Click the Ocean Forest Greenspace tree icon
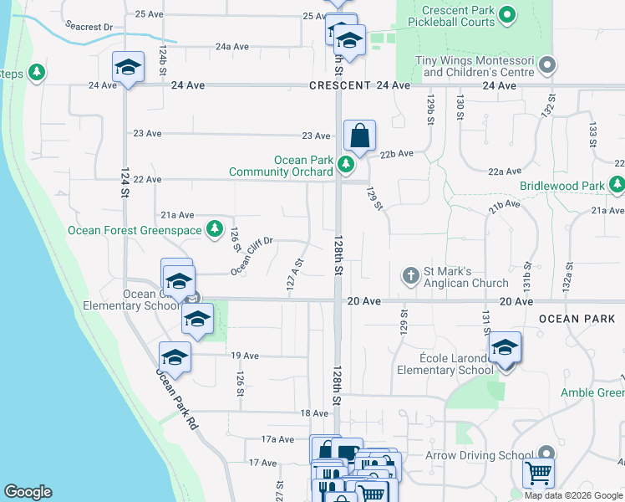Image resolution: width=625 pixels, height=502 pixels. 215,228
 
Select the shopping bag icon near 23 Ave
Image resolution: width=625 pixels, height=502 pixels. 359,136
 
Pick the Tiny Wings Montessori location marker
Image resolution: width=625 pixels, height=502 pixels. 547,64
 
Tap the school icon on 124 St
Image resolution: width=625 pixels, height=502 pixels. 128,67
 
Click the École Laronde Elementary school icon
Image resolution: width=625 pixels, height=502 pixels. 505,346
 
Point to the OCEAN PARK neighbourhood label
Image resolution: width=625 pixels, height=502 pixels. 577,319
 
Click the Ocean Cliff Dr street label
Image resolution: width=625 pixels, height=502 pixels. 252,255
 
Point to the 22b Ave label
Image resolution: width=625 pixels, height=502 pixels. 397,153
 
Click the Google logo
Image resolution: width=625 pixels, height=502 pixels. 28,492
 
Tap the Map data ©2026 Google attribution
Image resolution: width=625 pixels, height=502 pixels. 573,495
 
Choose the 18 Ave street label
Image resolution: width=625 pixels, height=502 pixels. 314,413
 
